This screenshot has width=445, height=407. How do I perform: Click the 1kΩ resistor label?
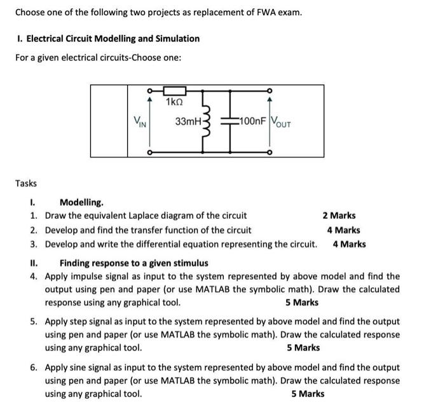174,102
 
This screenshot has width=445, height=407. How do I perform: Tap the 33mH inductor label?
188,121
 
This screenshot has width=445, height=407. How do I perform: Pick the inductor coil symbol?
206,121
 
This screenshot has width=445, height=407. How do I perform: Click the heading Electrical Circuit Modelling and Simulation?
107,38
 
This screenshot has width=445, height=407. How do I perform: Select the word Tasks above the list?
26,183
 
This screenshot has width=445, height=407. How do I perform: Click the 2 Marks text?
339,216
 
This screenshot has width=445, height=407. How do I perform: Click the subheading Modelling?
81,202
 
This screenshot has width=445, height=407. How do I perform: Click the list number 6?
33,367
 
